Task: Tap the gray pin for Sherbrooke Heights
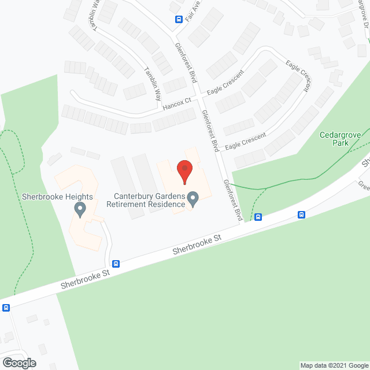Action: [x=80, y=209]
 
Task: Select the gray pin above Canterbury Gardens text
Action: [x=194, y=199]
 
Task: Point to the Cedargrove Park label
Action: [x=340, y=139]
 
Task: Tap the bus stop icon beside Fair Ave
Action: [x=179, y=18]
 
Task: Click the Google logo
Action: [x=18, y=363]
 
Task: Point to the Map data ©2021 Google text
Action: [x=334, y=365]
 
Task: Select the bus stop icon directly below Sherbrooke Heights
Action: [x=116, y=264]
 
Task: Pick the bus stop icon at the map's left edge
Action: [x=6, y=308]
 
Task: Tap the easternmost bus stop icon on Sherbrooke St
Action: [x=302, y=214]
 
